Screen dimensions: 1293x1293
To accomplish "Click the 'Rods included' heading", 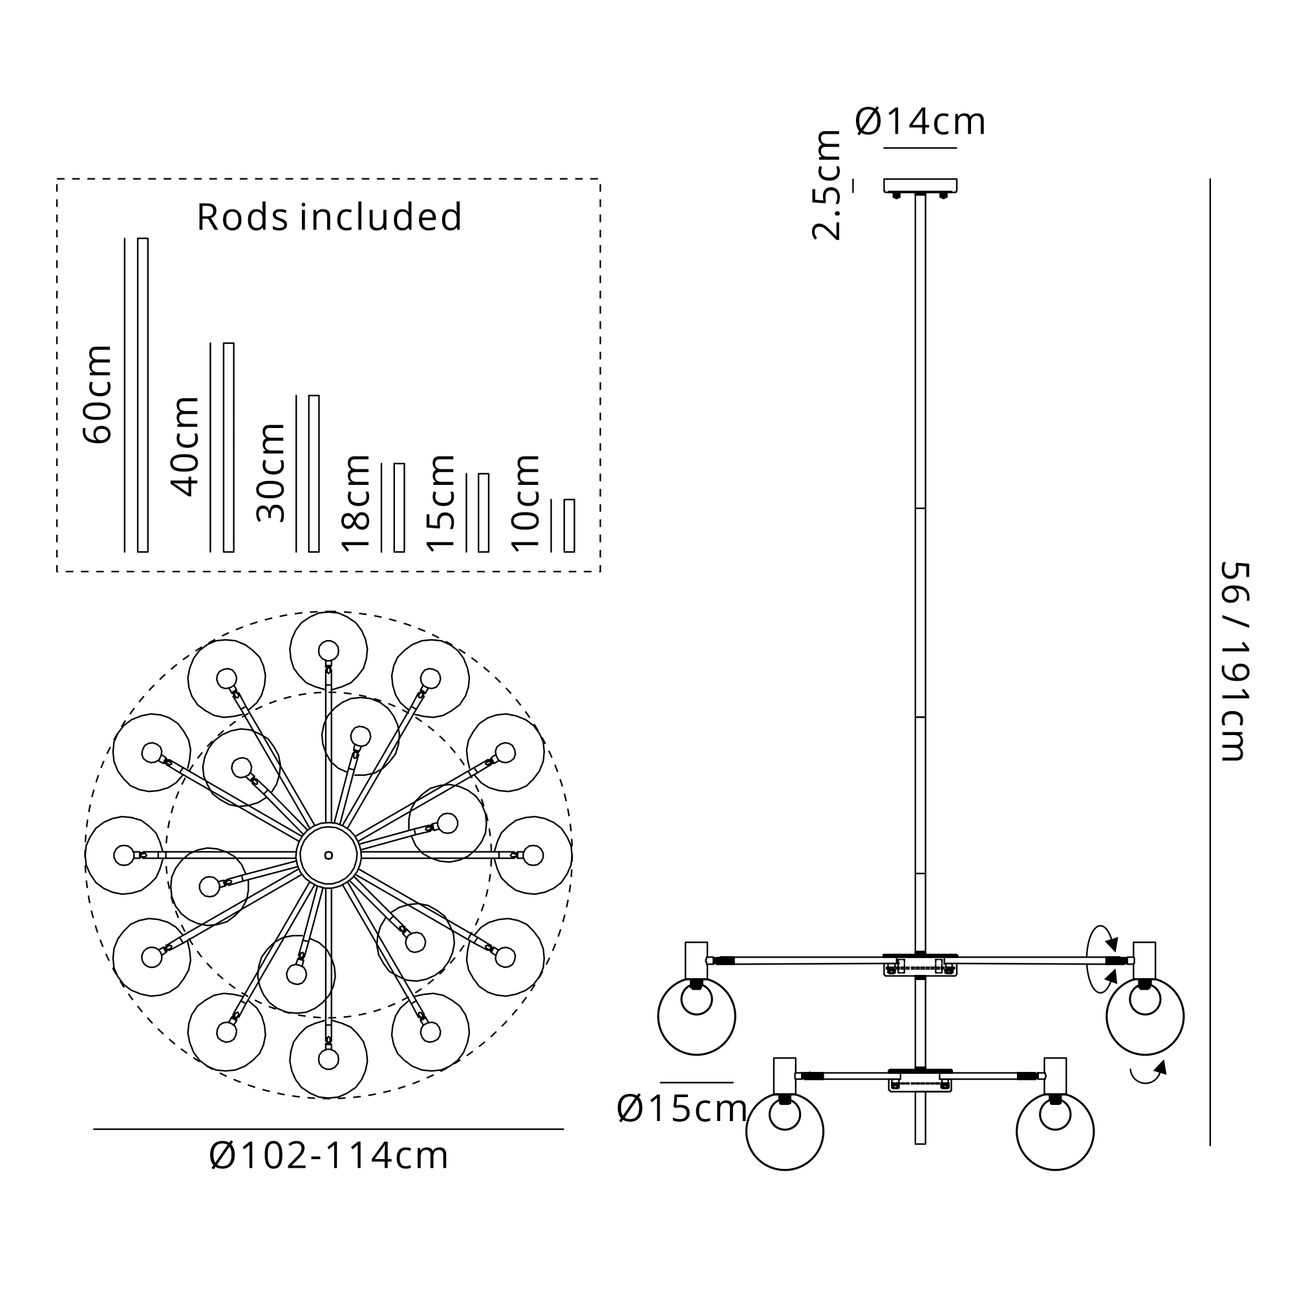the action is [x=329, y=217].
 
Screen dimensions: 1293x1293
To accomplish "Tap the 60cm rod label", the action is [x=98, y=395].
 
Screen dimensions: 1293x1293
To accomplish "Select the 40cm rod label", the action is [x=186, y=446].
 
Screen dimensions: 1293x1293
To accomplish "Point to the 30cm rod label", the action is [x=271, y=473].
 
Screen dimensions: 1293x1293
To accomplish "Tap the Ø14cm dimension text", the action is [x=920, y=122].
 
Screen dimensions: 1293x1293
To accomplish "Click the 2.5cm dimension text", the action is [x=826, y=186].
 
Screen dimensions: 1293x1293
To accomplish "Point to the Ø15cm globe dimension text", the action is [x=682, y=1109].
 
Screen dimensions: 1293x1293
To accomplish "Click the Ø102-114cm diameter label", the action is [x=328, y=1156].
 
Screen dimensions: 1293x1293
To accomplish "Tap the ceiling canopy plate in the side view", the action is [x=920, y=186].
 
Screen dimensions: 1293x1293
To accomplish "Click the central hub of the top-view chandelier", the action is [x=328, y=855].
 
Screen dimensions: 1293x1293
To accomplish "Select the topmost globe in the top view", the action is [x=328, y=650].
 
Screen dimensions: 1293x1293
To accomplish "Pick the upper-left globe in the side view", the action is [x=697, y=1016].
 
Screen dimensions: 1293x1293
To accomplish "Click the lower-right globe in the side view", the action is [x=1056, y=1132].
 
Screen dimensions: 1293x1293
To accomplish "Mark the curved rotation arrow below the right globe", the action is [x=1148, y=1071].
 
